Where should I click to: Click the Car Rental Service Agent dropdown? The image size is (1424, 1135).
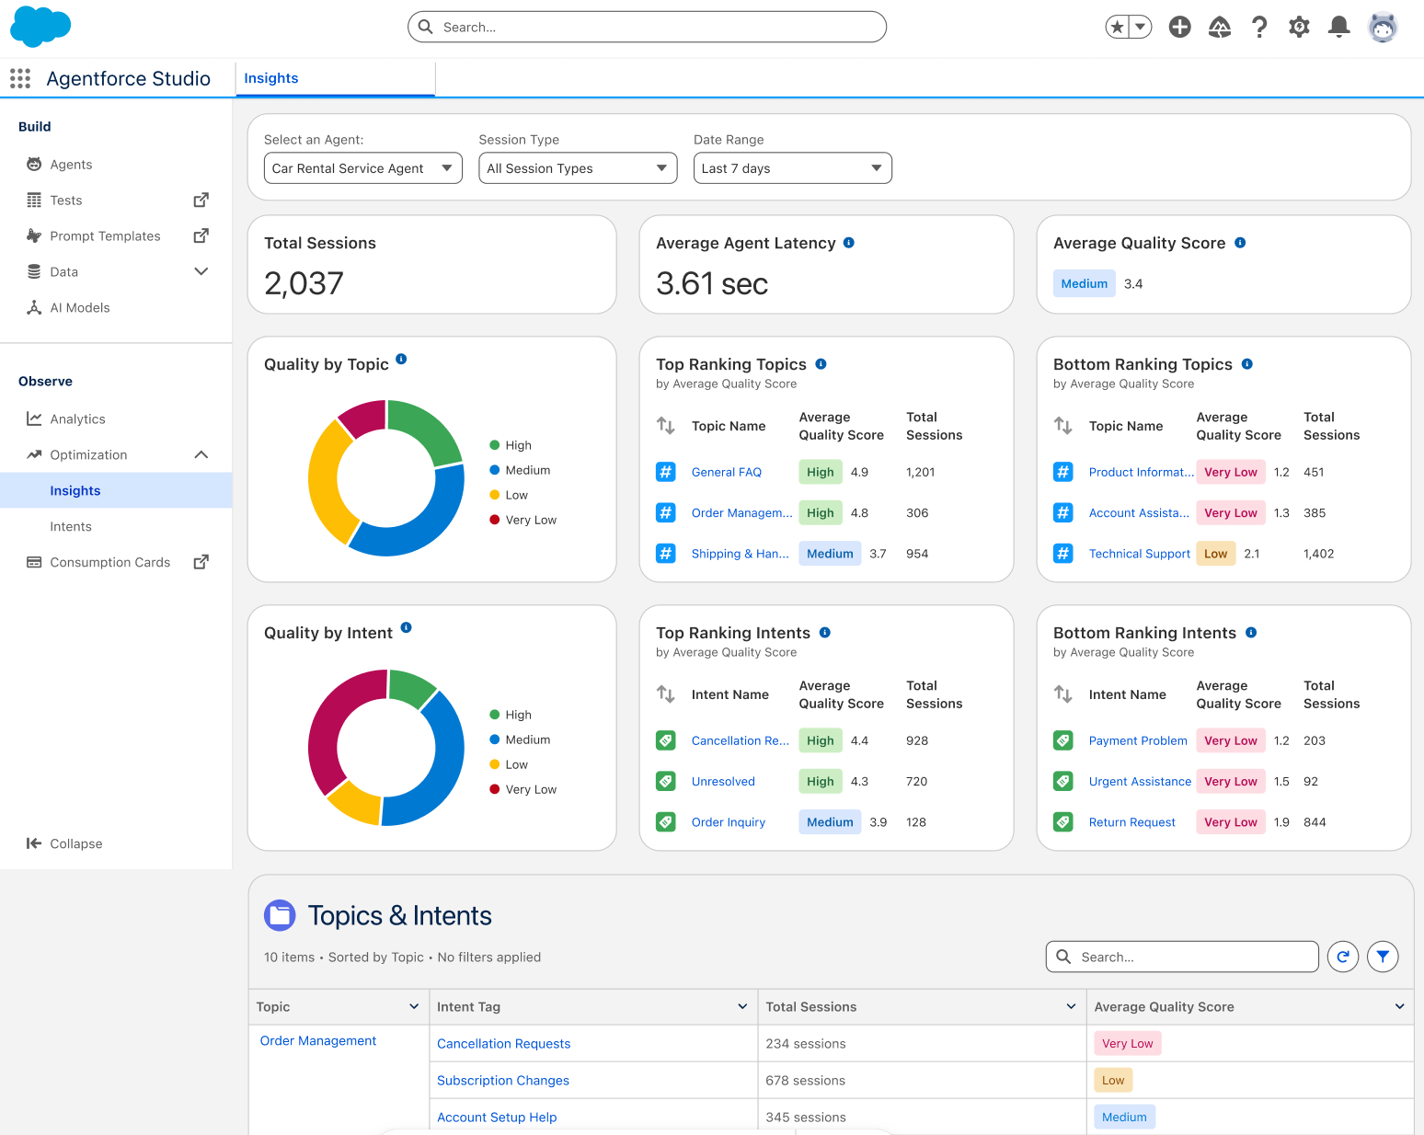pos(362,168)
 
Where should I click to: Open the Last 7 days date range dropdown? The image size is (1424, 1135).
pos(792,168)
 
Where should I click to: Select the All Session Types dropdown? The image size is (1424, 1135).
pos(577,168)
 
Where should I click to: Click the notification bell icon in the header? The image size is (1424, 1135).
pos(1338,27)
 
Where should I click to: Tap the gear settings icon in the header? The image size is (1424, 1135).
pos(1299,27)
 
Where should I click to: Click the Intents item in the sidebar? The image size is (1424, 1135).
pos(71,526)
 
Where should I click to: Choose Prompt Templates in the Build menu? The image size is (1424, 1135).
pos(105,235)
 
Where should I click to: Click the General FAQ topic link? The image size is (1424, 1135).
pos(726,472)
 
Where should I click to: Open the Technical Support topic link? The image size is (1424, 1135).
pos(1139,554)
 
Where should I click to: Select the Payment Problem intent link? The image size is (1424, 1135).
pos(1137,740)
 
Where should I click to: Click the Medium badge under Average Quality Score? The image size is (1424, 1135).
pos(1084,283)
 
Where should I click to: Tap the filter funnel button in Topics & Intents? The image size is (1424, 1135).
pos(1383,957)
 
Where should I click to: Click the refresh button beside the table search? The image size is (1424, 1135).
pos(1342,957)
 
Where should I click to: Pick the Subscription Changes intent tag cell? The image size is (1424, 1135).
pos(502,1080)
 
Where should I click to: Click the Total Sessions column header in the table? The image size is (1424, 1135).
pos(810,1007)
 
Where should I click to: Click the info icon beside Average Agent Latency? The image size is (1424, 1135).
pos(849,243)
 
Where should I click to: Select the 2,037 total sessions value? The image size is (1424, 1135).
pos(304,283)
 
